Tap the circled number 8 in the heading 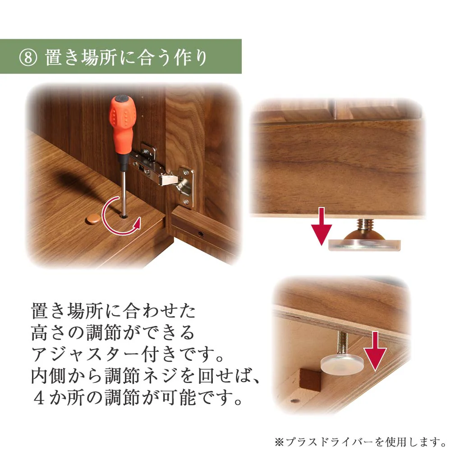[28, 57]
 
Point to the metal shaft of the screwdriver [122, 185]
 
